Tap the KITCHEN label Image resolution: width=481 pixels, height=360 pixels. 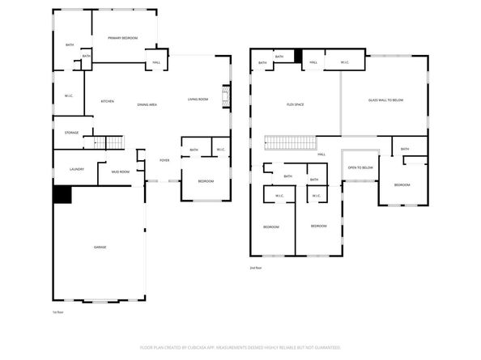(x=107, y=101)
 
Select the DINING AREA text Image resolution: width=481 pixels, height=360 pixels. (x=147, y=104)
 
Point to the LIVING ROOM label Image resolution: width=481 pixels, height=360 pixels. (x=198, y=100)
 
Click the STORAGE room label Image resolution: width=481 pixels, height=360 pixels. (x=72, y=133)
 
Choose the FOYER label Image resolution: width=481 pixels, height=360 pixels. (x=164, y=160)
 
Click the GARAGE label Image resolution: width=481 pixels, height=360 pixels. (x=100, y=247)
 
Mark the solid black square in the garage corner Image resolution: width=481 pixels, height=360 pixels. (x=62, y=194)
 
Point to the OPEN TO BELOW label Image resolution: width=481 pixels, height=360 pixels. (x=360, y=167)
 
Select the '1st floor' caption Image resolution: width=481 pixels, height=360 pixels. (x=57, y=311)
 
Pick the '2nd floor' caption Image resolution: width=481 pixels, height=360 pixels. (x=256, y=268)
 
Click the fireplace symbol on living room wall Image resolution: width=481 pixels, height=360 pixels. (x=228, y=99)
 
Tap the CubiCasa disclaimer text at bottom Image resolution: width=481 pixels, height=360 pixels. (x=240, y=347)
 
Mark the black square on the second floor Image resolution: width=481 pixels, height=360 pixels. (x=298, y=57)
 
